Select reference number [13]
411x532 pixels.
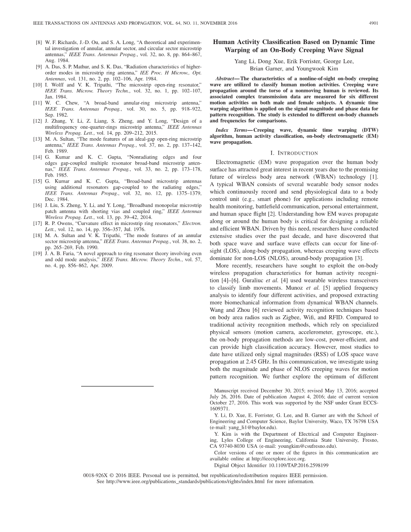[38, 139]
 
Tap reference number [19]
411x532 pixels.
[38, 253]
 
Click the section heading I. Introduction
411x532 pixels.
[294, 153]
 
